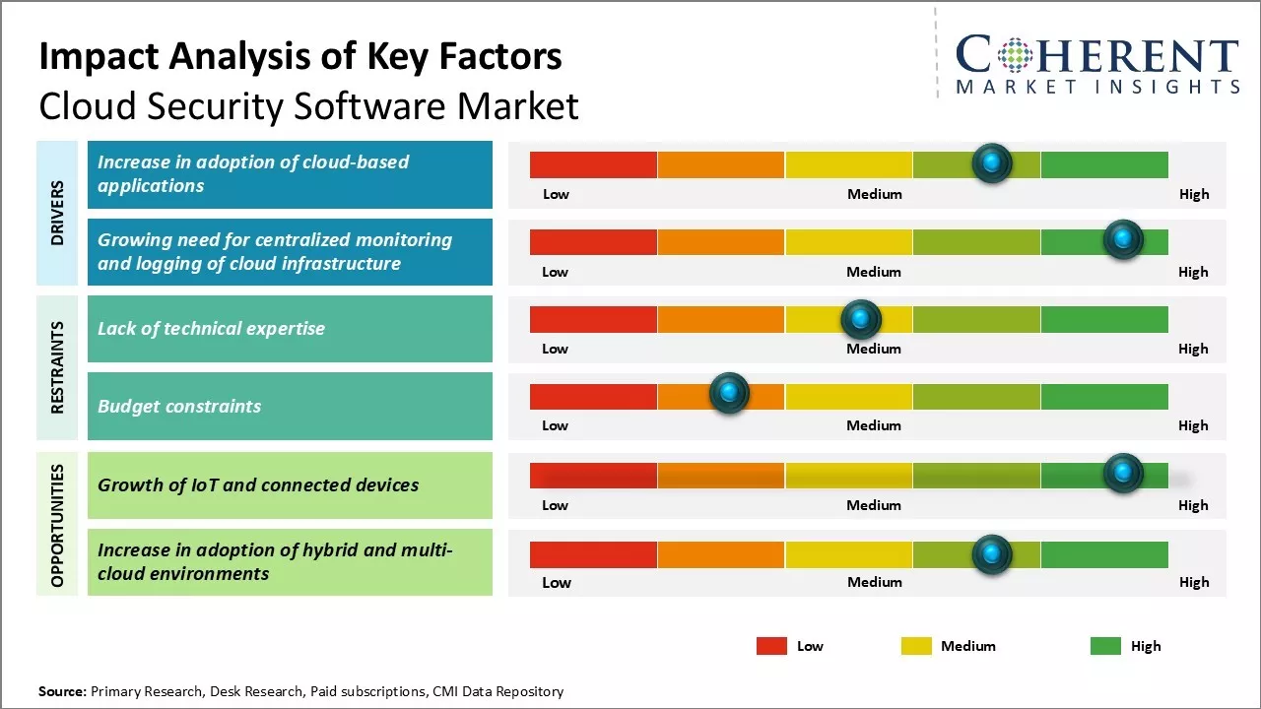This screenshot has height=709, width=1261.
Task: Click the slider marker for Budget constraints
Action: point(729,394)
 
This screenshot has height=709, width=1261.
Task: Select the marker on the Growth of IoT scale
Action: point(1122,474)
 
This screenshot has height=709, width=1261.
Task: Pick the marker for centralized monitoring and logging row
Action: point(1122,239)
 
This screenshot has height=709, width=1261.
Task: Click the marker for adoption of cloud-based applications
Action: point(992,162)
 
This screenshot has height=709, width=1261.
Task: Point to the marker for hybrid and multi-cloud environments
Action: point(992,554)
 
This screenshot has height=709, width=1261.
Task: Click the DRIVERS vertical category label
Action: point(57,213)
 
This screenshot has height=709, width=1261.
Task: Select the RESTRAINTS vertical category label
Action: point(57,367)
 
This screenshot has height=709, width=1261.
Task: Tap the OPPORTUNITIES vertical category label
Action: point(57,525)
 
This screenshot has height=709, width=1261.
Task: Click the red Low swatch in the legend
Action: point(771,646)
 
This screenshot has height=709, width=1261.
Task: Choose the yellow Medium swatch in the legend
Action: point(916,646)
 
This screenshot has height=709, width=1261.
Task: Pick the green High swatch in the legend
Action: point(1105,646)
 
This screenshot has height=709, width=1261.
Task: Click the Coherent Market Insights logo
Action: point(1097,64)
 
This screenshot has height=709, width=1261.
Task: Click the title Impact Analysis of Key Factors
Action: point(300,57)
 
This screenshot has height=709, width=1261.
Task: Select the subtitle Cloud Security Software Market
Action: point(308,106)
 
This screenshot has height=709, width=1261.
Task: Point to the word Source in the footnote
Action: point(61,691)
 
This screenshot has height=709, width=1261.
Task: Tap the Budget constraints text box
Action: point(290,406)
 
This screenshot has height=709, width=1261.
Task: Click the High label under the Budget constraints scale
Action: point(1193,425)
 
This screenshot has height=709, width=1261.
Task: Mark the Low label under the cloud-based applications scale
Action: point(556,194)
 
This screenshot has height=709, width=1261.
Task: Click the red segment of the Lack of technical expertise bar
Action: point(593,319)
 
